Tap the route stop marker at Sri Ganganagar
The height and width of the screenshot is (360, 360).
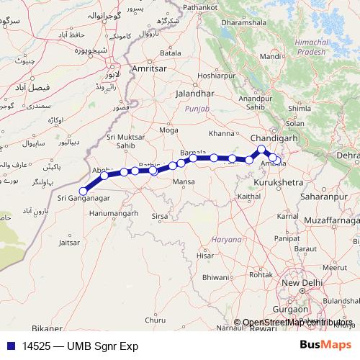pyautogui.click(x=84, y=191)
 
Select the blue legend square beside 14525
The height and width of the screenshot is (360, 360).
pyautogui.click(x=8, y=346)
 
